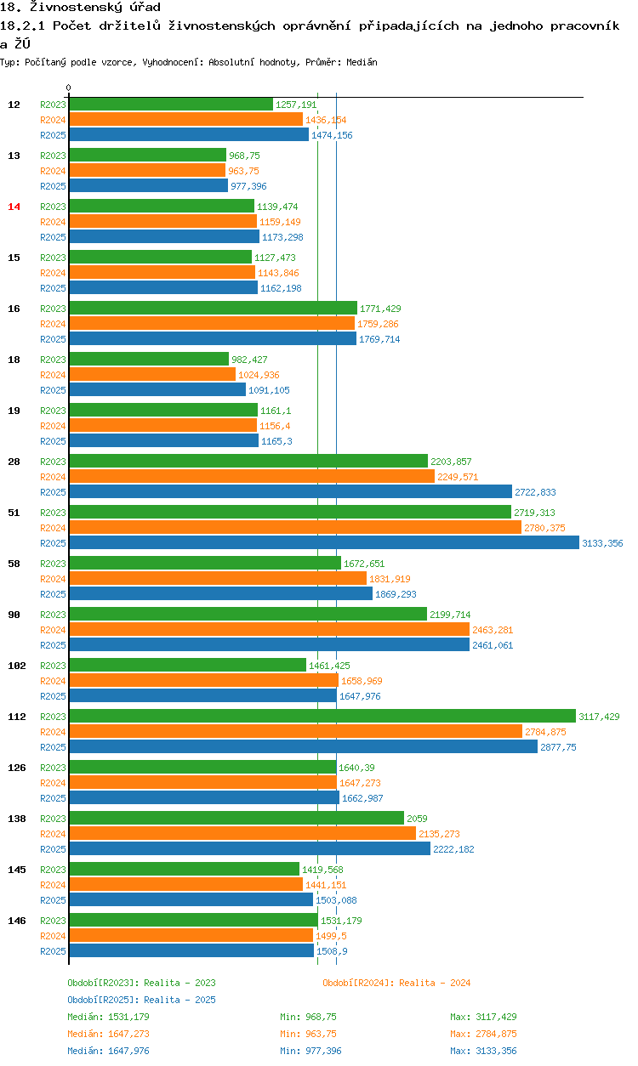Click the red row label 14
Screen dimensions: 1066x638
coord(14,207)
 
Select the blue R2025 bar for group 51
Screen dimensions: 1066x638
coord(323,543)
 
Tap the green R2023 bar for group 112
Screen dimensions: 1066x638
coord(322,717)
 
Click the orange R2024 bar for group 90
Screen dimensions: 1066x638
coord(269,630)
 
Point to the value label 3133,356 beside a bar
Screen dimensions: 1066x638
coord(602,543)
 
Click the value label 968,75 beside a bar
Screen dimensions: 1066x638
coord(244,156)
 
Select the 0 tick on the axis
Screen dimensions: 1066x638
coord(69,88)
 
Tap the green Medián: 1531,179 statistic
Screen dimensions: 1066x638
coord(108,1017)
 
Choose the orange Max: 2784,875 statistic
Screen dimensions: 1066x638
coord(483,1034)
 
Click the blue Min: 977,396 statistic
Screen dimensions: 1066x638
coord(310,1051)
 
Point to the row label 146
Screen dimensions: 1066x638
coord(16,921)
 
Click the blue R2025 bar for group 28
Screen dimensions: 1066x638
coord(290,492)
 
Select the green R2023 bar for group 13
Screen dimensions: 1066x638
coord(147,156)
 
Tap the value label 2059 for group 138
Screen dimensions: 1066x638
coord(417,819)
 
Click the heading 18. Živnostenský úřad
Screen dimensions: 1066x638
coord(80,8)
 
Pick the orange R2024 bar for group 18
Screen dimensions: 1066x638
coord(152,375)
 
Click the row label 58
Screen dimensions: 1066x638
coord(14,564)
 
